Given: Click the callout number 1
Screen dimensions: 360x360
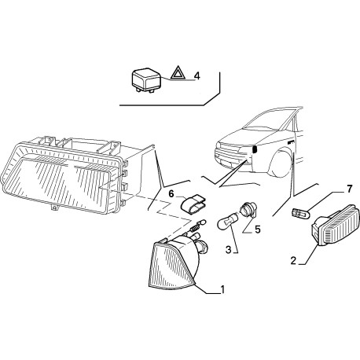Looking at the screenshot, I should [222, 289].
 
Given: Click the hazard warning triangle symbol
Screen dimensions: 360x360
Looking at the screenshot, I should [178, 75].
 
